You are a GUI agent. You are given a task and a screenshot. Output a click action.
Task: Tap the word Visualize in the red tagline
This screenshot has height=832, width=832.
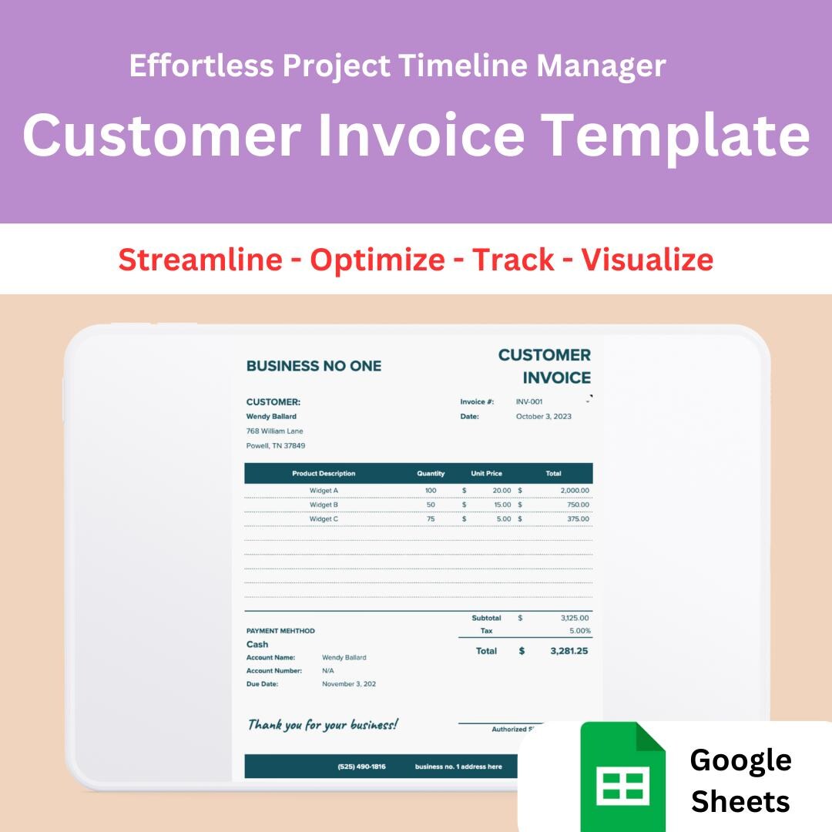pyautogui.click(x=647, y=260)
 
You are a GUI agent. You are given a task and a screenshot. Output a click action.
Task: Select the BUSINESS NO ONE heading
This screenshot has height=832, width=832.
pyautogui.click(x=314, y=366)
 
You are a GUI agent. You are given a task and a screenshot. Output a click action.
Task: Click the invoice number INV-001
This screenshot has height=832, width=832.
pyautogui.click(x=529, y=401)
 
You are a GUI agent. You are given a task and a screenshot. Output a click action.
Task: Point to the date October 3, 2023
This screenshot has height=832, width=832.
pyautogui.click(x=543, y=416)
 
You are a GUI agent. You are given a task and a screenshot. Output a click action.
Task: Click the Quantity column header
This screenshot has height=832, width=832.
pyautogui.click(x=431, y=473)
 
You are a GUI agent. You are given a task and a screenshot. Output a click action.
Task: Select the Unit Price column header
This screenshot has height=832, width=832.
pyautogui.click(x=486, y=473)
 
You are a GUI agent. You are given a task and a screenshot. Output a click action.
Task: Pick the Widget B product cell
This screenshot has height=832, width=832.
pyautogui.click(x=324, y=505)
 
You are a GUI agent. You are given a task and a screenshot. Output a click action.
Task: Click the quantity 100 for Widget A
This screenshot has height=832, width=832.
pyautogui.click(x=430, y=490)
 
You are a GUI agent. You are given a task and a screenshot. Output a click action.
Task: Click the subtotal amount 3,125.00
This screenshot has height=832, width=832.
pyautogui.click(x=575, y=618)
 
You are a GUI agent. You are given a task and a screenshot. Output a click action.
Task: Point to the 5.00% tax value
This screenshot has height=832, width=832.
pyautogui.click(x=579, y=631)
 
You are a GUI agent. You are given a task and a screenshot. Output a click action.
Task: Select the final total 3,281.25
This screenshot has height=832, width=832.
pyautogui.click(x=569, y=651)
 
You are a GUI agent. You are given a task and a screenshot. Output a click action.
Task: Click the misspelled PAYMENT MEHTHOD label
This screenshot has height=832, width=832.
pyautogui.click(x=280, y=631)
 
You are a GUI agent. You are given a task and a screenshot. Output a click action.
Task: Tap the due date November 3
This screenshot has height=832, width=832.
pyautogui.click(x=349, y=684)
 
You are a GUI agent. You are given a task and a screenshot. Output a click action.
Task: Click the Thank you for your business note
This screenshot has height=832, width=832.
pyautogui.click(x=323, y=725)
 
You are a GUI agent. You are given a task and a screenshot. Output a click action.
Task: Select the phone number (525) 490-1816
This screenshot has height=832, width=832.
pyautogui.click(x=361, y=767)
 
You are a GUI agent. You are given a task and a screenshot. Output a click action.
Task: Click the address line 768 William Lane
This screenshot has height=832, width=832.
pyautogui.click(x=274, y=431)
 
